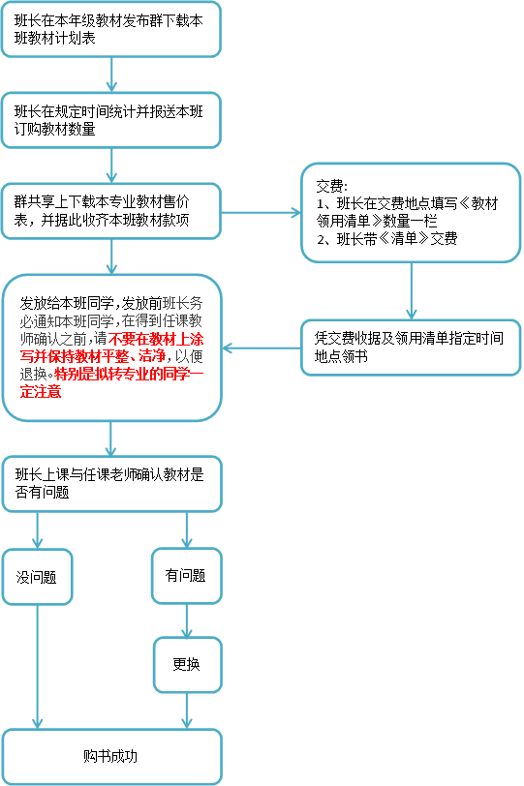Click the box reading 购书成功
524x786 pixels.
coord(111,756)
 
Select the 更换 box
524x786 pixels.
coord(187,665)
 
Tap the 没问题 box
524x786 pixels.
coord(37,577)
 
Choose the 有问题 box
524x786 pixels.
coord(187,575)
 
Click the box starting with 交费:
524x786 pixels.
coord(411,213)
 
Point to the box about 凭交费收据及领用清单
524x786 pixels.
coord(411,348)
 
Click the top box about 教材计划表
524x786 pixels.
coord(110,29)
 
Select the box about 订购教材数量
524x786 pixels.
coord(110,120)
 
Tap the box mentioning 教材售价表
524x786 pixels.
coord(110,211)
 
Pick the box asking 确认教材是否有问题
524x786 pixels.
coord(111,484)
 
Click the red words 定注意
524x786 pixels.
coord(41,391)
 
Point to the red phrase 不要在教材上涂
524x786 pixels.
coord(155,339)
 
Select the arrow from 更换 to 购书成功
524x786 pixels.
coord(187,710)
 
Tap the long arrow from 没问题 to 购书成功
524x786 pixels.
coord(37,667)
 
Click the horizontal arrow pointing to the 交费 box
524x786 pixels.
coord(261,213)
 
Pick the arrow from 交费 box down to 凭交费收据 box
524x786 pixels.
coord(412,290)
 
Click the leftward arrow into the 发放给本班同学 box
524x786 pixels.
coord(262,348)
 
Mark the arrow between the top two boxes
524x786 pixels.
coord(111,75)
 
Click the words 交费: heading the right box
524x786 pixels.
coord(331,186)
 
